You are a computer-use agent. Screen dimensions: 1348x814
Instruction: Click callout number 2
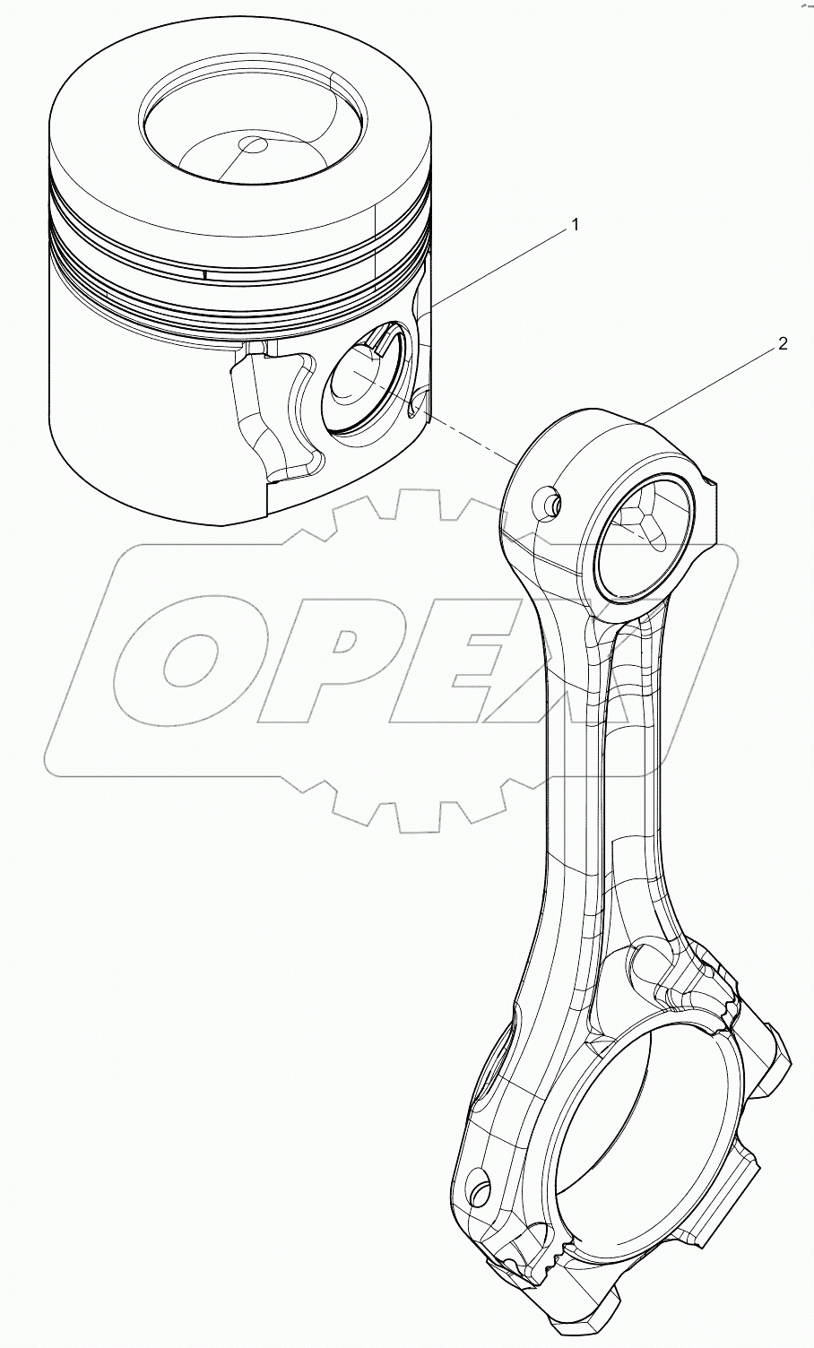783,343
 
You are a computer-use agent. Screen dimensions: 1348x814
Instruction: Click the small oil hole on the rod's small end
550,505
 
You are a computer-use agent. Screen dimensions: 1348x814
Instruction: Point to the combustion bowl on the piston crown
254,130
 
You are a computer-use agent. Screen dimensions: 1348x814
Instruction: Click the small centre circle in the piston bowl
254,145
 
